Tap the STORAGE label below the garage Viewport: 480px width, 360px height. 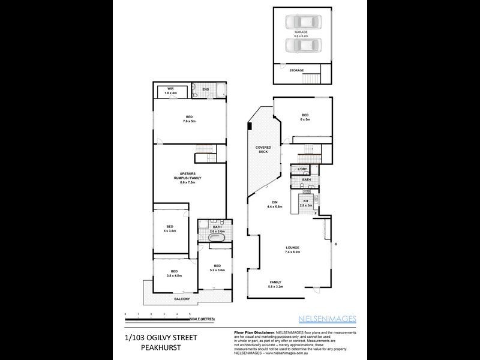pyautogui.click(x=297, y=70)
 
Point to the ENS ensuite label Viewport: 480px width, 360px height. pyautogui.click(x=205, y=90)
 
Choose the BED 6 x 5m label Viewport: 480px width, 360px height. pyautogui.click(x=305, y=117)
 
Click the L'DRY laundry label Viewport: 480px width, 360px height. pyautogui.click(x=302, y=169)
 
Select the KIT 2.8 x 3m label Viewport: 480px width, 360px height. pyautogui.click(x=306, y=203)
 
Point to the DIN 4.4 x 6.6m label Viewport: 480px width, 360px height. pyautogui.click(x=274, y=205)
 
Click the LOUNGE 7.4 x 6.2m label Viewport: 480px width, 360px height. pyautogui.click(x=292, y=249)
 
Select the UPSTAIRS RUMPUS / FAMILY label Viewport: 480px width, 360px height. pyautogui.click(x=189, y=178)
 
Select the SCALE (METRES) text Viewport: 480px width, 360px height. pyautogui.click(x=203, y=318)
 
